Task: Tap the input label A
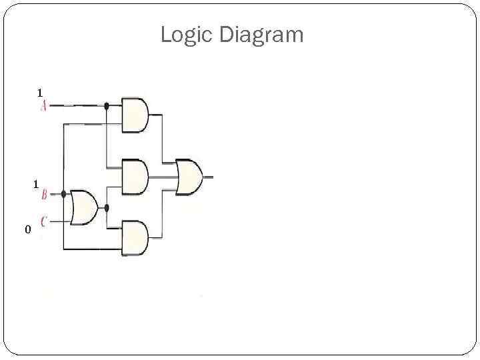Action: (43, 106)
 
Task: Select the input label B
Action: (44, 195)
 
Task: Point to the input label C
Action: (44, 221)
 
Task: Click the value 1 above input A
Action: (40, 92)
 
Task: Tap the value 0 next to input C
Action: (27, 230)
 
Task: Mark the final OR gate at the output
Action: (189, 177)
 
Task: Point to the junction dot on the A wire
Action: (107, 105)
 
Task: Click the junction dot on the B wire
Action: (63, 194)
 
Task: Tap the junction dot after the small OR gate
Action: (107, 208)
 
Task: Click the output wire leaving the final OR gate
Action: (209, 177)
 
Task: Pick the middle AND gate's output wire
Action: (162, 177)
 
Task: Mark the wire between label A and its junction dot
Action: (77, 105)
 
